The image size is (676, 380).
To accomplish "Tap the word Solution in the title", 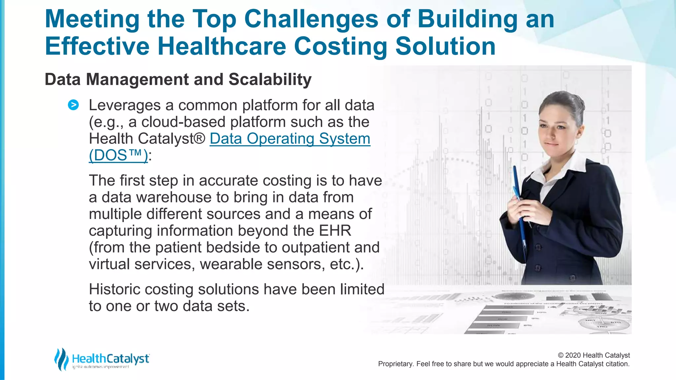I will [445, 46].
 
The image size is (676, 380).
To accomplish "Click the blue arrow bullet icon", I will [73, 105].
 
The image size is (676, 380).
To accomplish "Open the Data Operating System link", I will [290, 139].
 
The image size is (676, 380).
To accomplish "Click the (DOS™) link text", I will [118, 155].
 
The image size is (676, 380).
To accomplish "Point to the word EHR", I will [335, 231].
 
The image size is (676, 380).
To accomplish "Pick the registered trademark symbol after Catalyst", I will [199, 139].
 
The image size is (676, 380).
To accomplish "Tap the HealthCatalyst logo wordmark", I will [110, 359].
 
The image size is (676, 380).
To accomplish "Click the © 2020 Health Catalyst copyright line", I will [593, 355].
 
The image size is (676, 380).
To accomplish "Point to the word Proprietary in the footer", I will [395, 364].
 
